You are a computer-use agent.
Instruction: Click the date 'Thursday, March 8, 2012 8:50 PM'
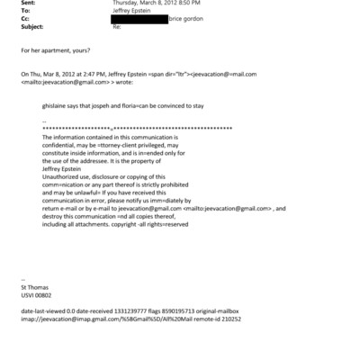(150, 3)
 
